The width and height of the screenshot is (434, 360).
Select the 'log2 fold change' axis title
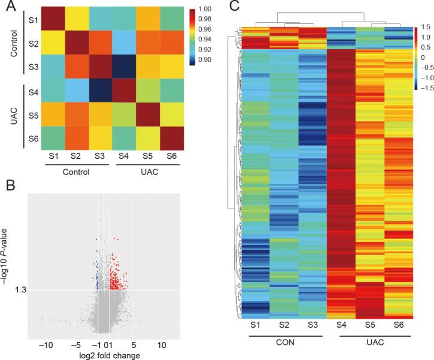[105, 356]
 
